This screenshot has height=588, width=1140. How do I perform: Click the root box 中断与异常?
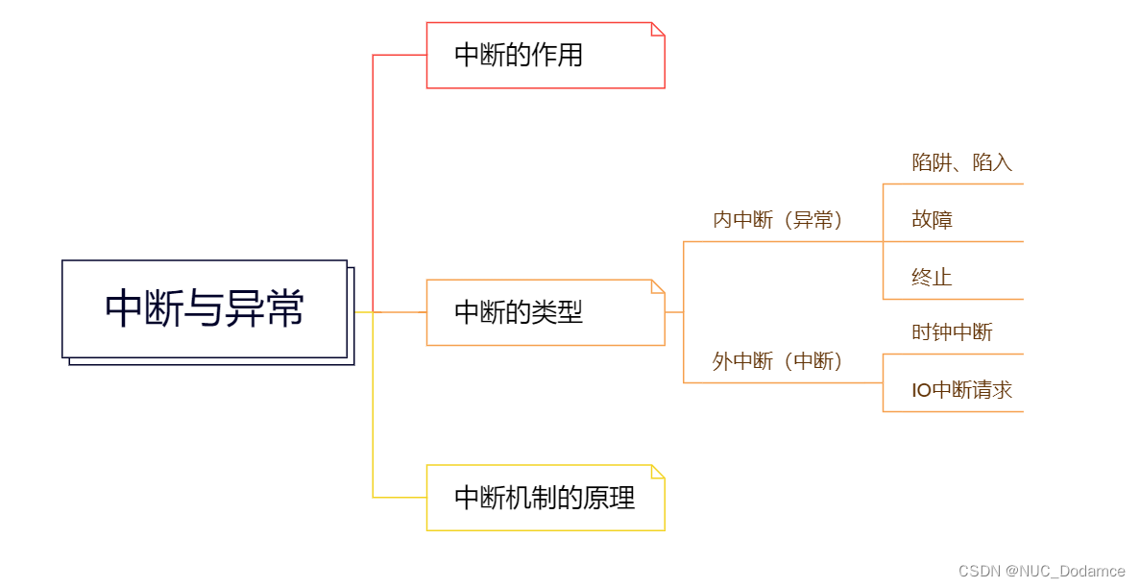pos(205,308)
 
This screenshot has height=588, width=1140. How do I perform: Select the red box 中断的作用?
pos(545,56)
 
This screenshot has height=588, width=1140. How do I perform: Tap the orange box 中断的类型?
pos(545,312)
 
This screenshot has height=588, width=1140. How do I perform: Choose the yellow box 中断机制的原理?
pos(545,498)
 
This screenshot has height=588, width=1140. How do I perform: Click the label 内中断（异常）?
pos(777,220)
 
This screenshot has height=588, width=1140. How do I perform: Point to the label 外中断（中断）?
pos(777,361)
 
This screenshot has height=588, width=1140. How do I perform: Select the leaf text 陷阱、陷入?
pos(961,162)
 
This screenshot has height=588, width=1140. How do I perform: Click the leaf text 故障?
pos(932,220)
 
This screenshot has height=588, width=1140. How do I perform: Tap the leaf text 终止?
pos(932,278)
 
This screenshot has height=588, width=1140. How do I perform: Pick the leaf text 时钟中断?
pos(952,332)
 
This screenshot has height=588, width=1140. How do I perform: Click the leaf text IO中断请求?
pos(961,390)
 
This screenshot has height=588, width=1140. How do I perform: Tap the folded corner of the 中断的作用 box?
pos(659,29)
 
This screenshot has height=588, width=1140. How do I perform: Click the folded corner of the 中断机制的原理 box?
pos(659,471)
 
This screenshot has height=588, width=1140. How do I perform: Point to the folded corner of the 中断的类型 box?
pos(659,285)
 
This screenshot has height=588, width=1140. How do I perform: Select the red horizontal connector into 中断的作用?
pos(400,55)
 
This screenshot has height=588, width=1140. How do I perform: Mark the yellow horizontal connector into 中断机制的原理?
pos(400,498)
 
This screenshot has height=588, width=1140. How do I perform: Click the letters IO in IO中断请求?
pos(921,390)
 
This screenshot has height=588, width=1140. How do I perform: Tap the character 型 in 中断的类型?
pos(570,312)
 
